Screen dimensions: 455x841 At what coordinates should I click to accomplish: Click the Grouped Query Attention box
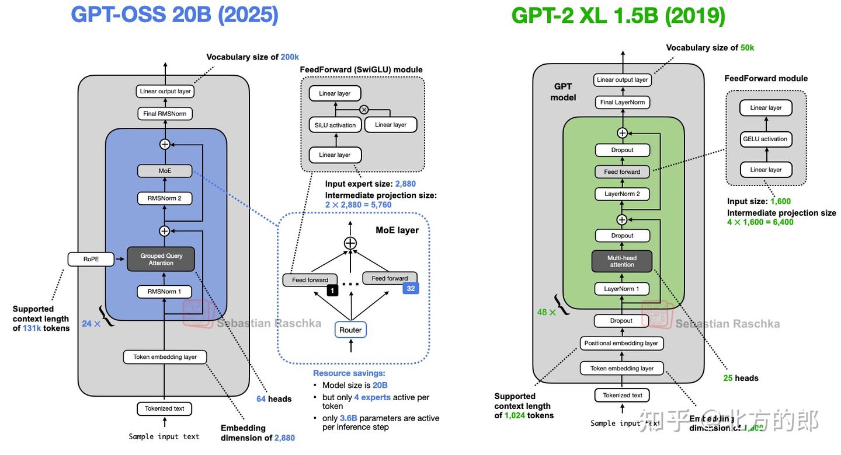click(x=161, y=259)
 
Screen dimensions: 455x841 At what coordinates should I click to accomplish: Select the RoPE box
click(x=91, y=259)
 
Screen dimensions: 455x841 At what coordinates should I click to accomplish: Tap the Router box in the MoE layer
click(x=350, y=330)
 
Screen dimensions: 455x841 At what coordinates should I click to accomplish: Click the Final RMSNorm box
click(x=165, y=114)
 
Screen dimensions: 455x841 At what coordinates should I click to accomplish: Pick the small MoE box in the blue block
click(x=165, y=171)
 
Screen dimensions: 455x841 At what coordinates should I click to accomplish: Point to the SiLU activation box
click(x=335, y=125)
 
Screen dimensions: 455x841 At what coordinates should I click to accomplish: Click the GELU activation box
click(x=765, y=139)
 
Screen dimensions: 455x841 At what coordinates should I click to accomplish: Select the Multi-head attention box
click(x=622, y=261)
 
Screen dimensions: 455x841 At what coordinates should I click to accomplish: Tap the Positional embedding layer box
click(x=621, y=343)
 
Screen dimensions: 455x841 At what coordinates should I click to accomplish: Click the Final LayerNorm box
click(x=622, y=102)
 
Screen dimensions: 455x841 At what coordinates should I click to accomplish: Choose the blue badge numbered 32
click(x=411, y=288)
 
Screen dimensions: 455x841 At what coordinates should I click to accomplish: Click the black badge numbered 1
click(x=332, y=290)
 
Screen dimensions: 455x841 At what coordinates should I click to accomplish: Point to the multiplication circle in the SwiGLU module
click(x=364, y=109)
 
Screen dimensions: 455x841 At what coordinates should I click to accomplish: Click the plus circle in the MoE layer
click(x=350, y=243)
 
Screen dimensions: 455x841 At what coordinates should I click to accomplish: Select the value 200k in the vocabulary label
click(x=290, y=57)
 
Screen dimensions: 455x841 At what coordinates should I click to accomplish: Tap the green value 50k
click(x=747, y=48)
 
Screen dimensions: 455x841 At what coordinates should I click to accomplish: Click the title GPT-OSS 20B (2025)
click(x=175, y=15)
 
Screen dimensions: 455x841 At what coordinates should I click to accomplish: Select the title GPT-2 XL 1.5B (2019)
click(x=618, y=16)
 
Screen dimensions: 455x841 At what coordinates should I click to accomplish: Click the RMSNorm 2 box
click(x=164, y=198)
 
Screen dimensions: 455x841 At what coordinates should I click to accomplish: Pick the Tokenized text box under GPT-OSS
click(x=164, y=408)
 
